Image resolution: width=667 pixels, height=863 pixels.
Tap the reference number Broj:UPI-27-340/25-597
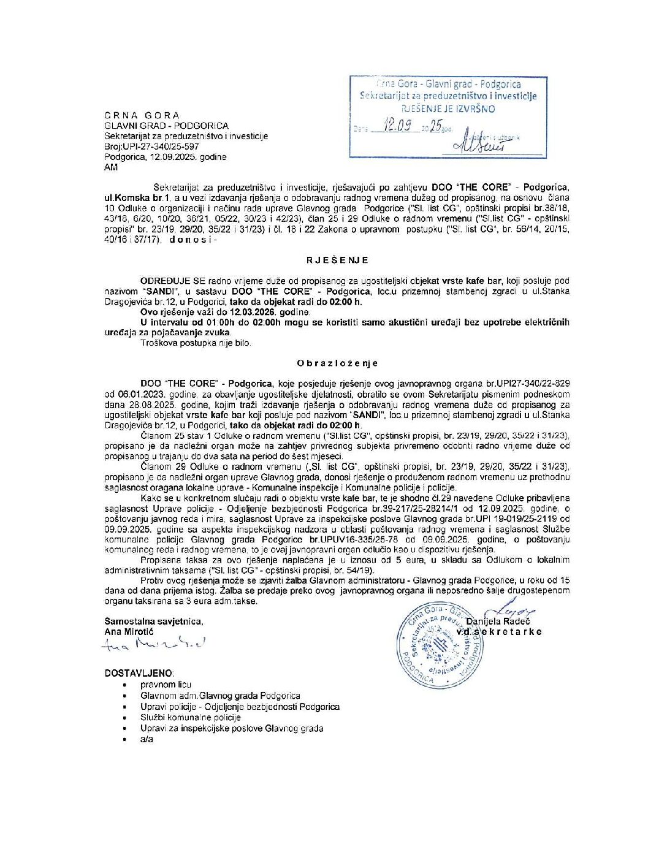point(152,146)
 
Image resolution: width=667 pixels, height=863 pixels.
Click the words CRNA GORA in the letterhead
point(142,115)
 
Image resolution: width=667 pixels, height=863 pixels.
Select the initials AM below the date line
point(111,167)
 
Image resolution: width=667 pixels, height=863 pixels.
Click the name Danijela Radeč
point(498,622)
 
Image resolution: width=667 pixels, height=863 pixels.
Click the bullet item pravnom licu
point(166,685)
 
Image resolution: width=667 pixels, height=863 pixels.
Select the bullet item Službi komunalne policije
point(191,717)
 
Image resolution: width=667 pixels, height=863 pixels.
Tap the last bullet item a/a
point(147,739)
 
